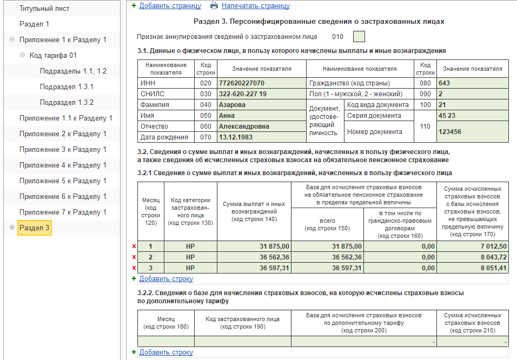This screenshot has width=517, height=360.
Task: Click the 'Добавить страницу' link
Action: click(x=170, y=6)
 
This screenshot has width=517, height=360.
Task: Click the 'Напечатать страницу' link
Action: click(x=255, y=6)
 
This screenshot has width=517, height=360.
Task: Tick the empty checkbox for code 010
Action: click(x=359, y=37)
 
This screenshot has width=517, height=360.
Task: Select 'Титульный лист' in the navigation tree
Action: click(x=44, y=9)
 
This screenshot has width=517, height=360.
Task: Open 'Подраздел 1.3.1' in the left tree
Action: click(x=67, y=86)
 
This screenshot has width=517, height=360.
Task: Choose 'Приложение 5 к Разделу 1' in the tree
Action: click(x=63, y=181)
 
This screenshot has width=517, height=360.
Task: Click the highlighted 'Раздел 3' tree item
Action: click(x=35, y=228)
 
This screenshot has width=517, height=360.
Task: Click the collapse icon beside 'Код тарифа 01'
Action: click(x=22, y=55)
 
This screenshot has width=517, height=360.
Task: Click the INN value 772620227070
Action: click(x=241, y=83)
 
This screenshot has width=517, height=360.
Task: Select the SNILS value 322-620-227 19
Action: click(x=242, y=94)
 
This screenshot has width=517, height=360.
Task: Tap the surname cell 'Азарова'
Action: click(x=232, y=105)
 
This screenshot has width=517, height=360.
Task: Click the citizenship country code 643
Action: click(x=444, y=83)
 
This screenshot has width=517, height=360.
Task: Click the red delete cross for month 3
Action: click(x=134, y=268)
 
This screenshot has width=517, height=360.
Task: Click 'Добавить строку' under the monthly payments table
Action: click(x=166, y=279)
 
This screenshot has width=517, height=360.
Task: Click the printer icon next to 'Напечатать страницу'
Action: click(x=214, y=6)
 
